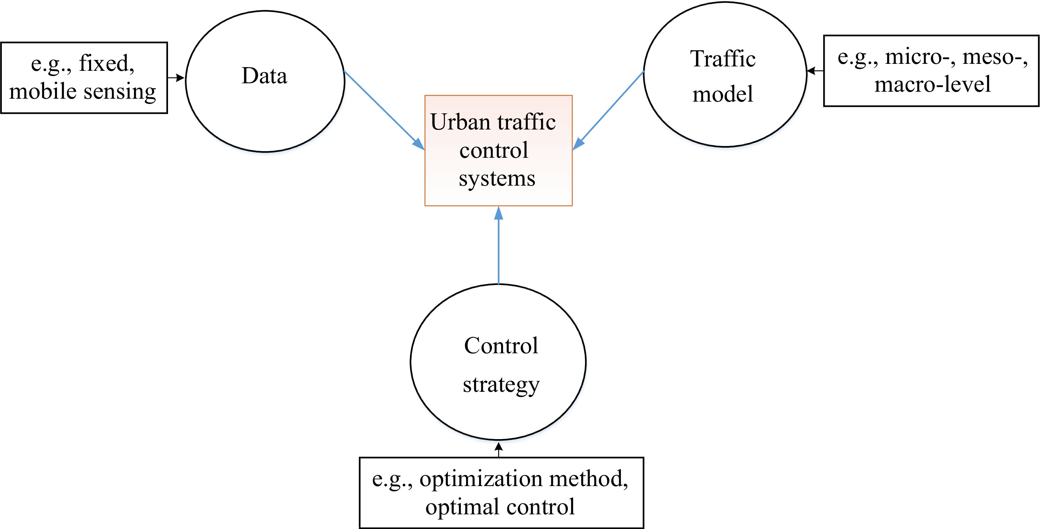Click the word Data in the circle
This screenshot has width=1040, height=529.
coord(264,76)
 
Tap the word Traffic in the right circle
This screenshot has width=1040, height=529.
coord(723,59)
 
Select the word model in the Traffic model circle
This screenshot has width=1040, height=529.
coord(723,94)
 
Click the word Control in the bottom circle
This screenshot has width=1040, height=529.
coord(501,346)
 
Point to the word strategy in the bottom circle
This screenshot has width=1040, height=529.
coord(501,385)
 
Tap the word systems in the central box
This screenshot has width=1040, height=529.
coord(497,179)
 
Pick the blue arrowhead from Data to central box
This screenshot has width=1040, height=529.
coord(419,144)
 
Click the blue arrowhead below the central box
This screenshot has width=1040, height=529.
coord(499,213)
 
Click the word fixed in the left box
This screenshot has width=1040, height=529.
coord(106,64)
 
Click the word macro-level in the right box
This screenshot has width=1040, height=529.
coord(932,84)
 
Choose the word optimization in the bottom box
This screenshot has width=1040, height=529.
coord(481,479)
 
